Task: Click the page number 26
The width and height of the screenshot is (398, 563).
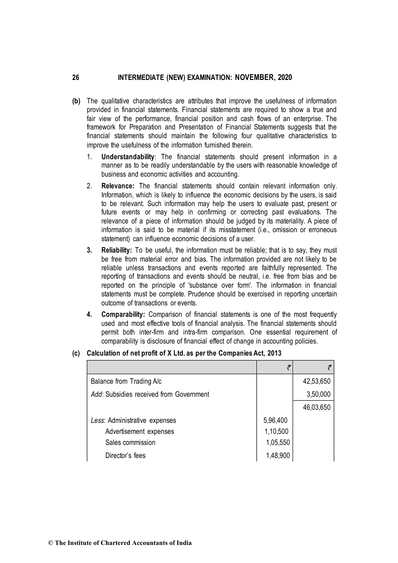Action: (x=76, y=78)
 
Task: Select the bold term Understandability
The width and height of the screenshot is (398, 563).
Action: (x=128, y=157)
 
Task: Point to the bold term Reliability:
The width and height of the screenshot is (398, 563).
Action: (x=117, y=250)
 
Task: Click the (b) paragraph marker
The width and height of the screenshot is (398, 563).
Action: (x=77, y=101)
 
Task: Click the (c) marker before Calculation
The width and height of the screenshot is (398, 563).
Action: (x=77, y=353)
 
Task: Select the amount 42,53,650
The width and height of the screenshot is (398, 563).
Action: (x=316, y=381)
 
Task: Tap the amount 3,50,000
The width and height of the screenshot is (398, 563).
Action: (x=318, y=394)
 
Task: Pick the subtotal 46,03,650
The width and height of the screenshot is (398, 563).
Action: (x=316, y=407)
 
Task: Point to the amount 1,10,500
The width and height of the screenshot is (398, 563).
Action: (x=276, y=432)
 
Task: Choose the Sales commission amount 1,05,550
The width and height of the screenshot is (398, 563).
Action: (x=278, y=443)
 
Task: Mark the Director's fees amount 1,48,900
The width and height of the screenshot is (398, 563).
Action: (x=278, y=456)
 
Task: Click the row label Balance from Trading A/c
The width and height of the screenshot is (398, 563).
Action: (x=126, y=381)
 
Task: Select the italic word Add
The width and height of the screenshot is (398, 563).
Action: (x=96, y=394)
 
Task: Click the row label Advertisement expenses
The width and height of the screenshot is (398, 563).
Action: (x=139, y=432)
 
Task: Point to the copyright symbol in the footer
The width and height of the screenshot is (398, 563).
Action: (x=51, y=543)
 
